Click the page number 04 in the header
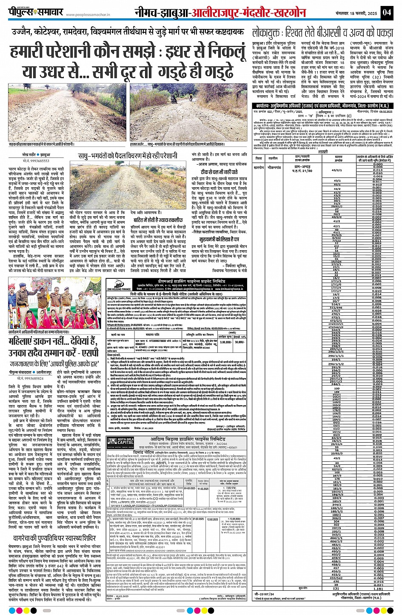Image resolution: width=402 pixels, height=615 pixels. tap(386, 12)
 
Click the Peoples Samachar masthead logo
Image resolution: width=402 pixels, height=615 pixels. tap(36, 12)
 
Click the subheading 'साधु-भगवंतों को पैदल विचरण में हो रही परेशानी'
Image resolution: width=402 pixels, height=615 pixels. tap(128, 156)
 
